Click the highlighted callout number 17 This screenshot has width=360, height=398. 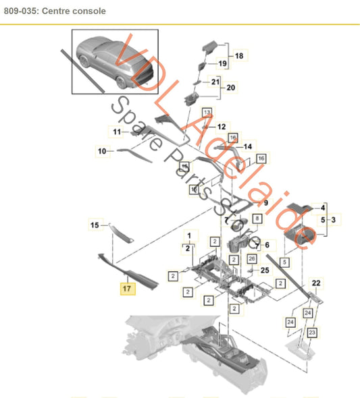coord(126,288)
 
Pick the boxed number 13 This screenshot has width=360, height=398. coord(206,111)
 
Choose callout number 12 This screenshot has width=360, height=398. coord(222,126)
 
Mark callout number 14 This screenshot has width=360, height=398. coord(247,146)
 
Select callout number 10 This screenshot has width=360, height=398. coord(102,152)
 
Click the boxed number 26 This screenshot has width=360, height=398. coord(251,258)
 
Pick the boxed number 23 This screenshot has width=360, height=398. coord(313,333)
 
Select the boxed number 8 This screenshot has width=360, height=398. coord(256,219)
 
